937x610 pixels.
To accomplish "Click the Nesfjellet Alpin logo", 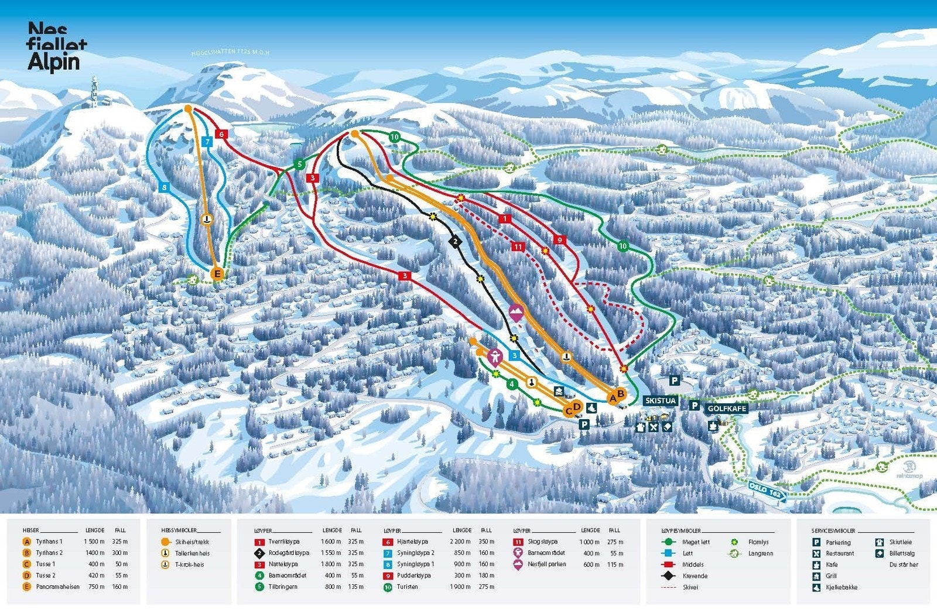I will [x=57, y=47].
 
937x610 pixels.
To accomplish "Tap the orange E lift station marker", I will [x=217, y=273].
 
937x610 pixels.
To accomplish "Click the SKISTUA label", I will [x=661, y=401].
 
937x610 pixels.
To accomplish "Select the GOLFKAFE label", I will [x=727, y=409].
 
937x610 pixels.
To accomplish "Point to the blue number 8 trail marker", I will [x=165, y=187].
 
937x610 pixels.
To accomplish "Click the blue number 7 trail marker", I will [x=207, y=141].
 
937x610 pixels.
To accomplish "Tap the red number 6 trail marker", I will [x=221, y=134].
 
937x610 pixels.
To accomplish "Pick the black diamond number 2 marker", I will [x=454, y=241].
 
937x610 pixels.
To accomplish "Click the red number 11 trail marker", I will [x=518, y=247].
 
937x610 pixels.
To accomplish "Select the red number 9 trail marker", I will [x=560, y=239].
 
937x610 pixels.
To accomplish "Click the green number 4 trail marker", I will [x=512, y=384].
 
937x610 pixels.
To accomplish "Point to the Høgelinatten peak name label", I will [x=230, y=53].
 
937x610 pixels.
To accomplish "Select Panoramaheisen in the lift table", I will [x=57, y=587].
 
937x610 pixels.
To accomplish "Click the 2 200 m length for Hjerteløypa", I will [x=462, y=542].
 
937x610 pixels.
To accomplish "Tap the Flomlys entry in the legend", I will [x=758, y=542].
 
